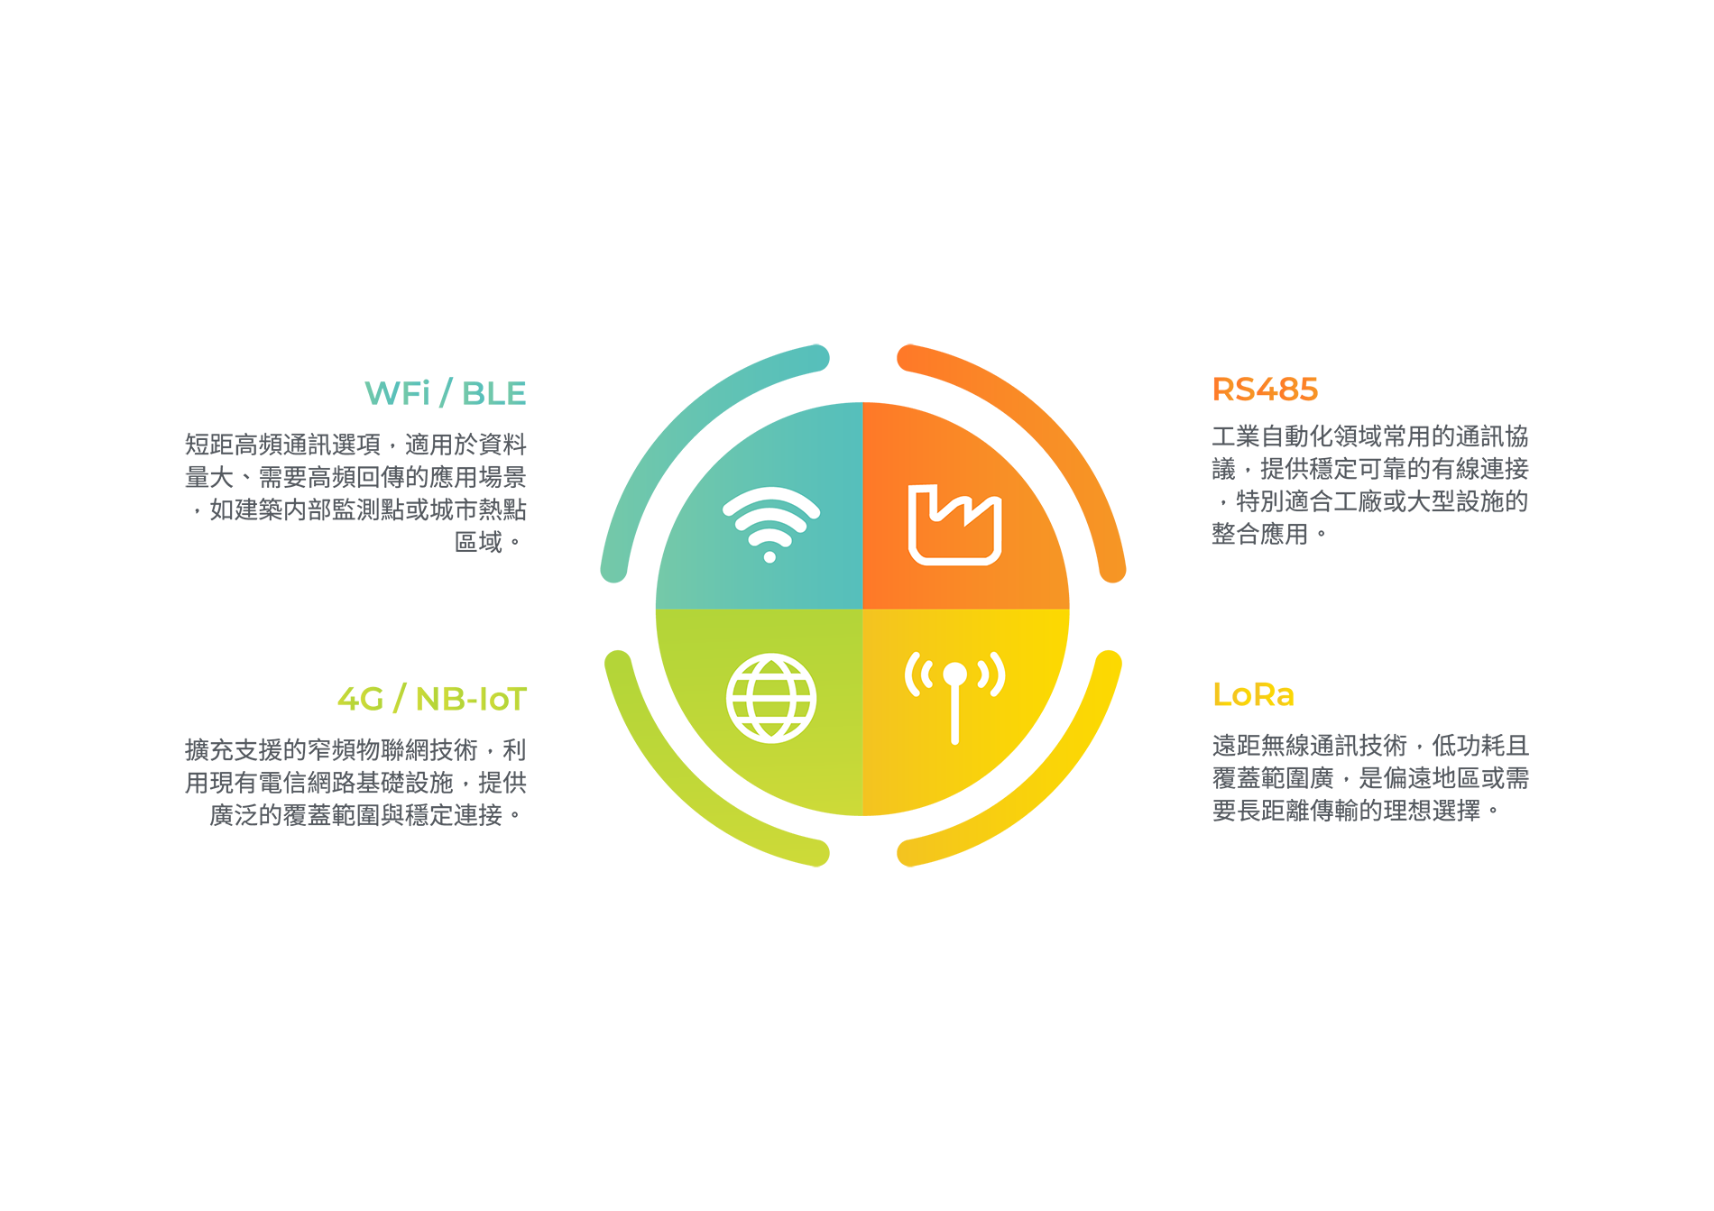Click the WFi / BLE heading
[445, 393]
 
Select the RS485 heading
[1265, 390]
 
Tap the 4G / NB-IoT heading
[432, 699]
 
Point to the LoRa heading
[1253, 694]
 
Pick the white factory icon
[954, 525]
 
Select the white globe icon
[771, 698]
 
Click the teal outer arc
[672, 417]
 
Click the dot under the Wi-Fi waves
[769, 557]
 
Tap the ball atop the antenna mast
[954, 674]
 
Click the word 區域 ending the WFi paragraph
[478, 542]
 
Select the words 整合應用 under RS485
[1260, 534]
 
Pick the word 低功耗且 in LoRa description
[1480, 746]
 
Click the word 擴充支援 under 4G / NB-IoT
[234, 750]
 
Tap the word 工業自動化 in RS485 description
[1273, 436]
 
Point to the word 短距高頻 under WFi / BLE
[234, 445]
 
